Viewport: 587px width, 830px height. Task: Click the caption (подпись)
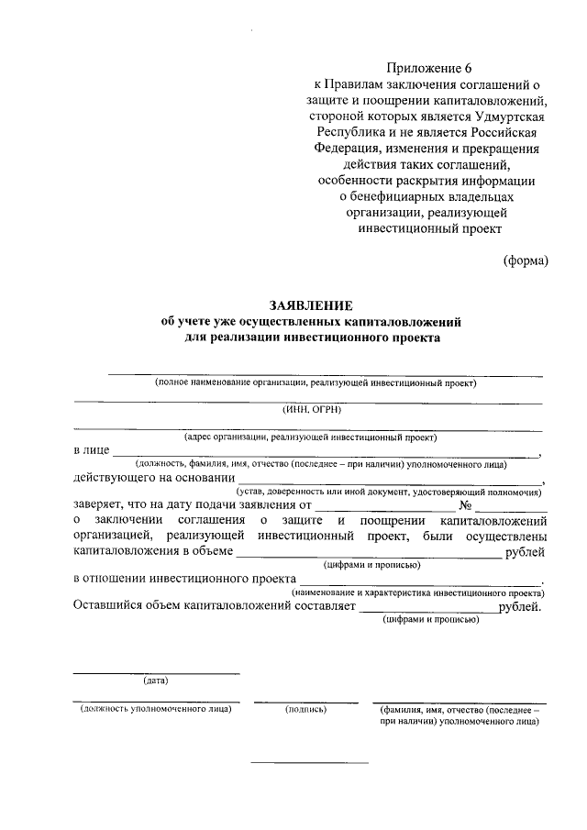[x=306, y=709]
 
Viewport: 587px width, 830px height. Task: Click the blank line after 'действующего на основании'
[x=389, y=480]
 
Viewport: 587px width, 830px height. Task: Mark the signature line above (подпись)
[x=306, y=702]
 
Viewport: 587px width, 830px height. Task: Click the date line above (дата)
[x=156, y=674]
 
